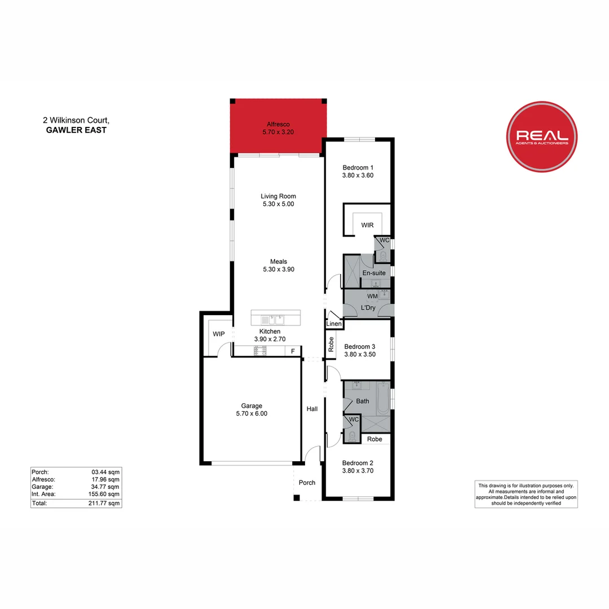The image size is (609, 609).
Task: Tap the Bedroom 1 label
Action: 358,167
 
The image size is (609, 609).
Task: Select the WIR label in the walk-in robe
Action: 368,226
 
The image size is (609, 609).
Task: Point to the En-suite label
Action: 374,273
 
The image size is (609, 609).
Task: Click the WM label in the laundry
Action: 373,296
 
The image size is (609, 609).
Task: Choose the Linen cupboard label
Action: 334,324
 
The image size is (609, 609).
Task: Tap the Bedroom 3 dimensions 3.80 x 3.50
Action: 360,355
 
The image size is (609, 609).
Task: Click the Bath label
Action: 363,401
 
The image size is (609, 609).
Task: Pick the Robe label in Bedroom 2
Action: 374,439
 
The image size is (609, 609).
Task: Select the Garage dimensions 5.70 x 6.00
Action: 251,413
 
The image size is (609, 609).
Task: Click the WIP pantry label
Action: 219,334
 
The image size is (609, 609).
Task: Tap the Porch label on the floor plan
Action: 307,483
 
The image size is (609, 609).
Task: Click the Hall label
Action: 312,409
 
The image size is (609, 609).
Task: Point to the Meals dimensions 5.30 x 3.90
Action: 279,270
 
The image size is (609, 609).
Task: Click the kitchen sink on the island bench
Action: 279,319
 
